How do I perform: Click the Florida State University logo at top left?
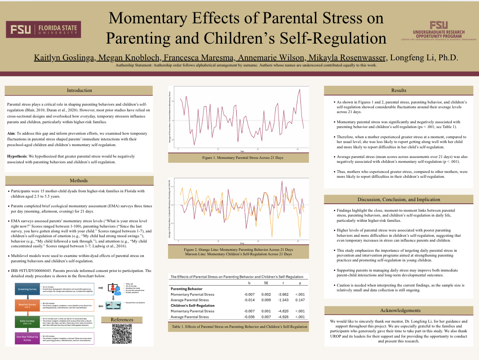point(44,30)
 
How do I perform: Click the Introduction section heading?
point(79,90)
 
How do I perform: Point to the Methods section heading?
point(79,180)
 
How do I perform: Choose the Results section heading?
point(399,90)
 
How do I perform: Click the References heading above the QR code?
point(122,320)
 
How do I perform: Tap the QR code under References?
point(122,334)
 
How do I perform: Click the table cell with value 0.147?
point(300,300)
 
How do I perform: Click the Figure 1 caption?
point(238,157)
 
